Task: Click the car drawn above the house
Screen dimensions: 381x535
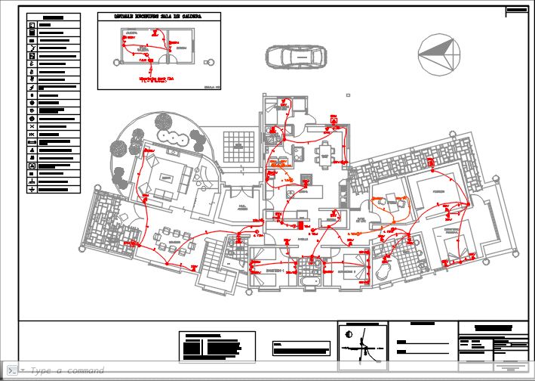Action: coord(294,56)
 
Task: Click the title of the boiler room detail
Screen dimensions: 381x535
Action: coord(158,16)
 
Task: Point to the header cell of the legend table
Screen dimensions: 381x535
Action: coord(52,17)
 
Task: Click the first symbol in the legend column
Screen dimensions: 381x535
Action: coord(32,25)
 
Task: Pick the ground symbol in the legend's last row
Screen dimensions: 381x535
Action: coord(32,188)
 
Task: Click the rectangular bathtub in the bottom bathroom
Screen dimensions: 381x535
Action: coord(309,281)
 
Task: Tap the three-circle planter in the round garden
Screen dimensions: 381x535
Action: coord(177,139)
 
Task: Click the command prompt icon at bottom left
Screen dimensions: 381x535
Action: coord(11,370)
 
